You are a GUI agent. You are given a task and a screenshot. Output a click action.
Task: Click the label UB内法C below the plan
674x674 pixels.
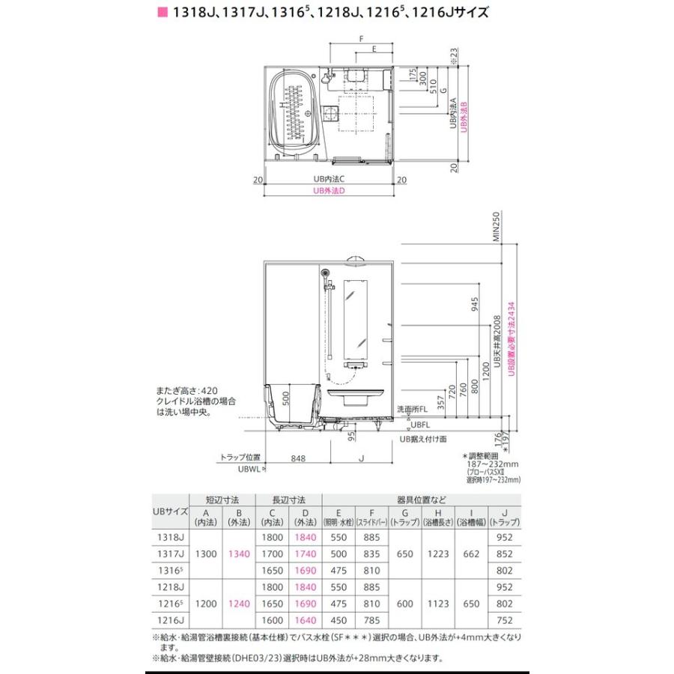click(x=329, y=180)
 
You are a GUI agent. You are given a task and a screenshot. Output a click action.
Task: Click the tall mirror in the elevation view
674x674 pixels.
click(x=356, y=318)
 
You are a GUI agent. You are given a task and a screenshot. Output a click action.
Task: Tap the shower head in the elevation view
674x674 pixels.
click(x=324, y=275)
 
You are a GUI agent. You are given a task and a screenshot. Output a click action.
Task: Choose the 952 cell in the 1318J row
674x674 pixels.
click(x=503, y=537)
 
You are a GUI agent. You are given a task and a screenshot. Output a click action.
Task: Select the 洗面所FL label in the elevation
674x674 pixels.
click(x=413, y=409)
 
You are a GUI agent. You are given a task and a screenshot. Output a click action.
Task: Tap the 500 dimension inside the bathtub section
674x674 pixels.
click(x=285, y=395)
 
